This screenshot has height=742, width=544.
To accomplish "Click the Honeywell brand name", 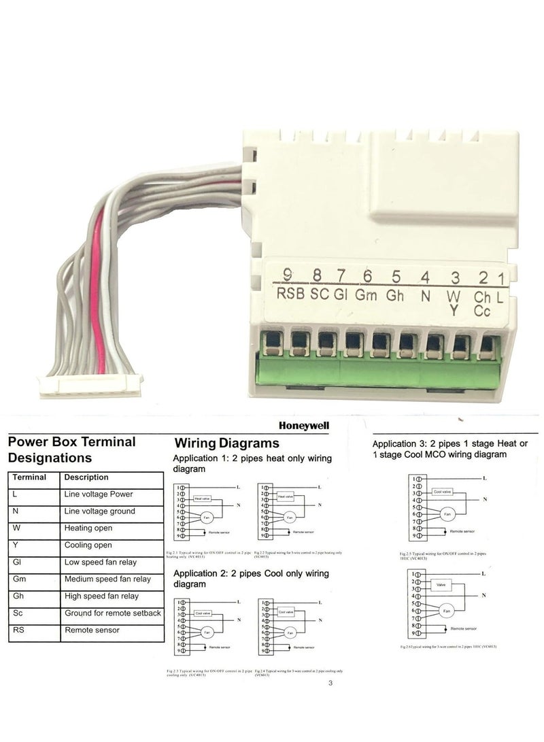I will pos(303,425).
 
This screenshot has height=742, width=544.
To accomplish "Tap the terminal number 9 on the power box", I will pos(288,275).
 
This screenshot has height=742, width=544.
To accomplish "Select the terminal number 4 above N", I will pos(425,277).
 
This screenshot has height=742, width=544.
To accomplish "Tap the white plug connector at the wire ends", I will pos(90,385).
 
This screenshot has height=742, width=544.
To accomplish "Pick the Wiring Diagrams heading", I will pos(227,443).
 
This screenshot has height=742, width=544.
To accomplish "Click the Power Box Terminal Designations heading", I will pos(71,450).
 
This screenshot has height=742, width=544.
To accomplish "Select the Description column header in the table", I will pos(86,477).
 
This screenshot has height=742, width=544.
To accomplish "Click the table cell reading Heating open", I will pos(88,528).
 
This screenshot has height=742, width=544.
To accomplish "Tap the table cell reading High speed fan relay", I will pos(101,596).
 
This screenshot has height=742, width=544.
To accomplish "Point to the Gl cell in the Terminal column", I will pos(18,562).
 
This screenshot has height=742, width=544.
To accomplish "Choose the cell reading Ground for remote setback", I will pos(112,613).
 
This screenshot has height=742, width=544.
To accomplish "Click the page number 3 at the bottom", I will pos(330,684).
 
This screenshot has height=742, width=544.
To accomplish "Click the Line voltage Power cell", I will pos(99,494).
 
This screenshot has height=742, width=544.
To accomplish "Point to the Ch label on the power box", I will pos(481,297).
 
